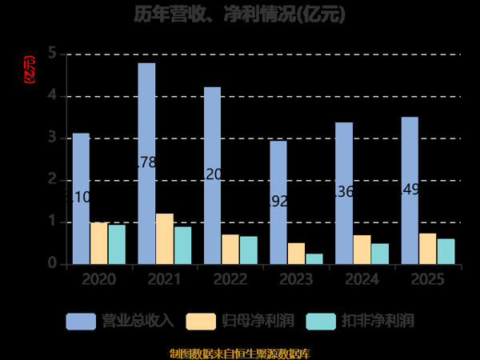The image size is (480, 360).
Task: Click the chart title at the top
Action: pos(240,14)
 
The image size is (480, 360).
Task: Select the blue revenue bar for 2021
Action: pos(146,163)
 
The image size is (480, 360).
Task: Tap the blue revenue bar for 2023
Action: pos(278,202)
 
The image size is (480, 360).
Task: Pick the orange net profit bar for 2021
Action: pos(164,238)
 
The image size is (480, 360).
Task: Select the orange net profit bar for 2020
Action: pos(98,243)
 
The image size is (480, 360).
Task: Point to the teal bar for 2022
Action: pos(248,250)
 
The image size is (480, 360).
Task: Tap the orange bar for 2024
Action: pos(362,249)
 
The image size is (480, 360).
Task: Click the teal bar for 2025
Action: pos(446,251)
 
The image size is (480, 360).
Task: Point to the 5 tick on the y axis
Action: pos(52,54)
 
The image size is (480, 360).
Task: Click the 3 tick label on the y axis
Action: pos(52,138)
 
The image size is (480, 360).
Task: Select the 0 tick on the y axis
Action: pos(52,263)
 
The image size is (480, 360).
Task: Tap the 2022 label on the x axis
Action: pos(230,279)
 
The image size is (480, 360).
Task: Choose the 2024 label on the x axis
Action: pos(362,279)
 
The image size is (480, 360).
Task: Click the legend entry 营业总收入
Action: pos(120,321)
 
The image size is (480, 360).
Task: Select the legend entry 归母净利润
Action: pos(240,321)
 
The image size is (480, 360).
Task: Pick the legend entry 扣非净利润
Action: pos(359,321)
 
